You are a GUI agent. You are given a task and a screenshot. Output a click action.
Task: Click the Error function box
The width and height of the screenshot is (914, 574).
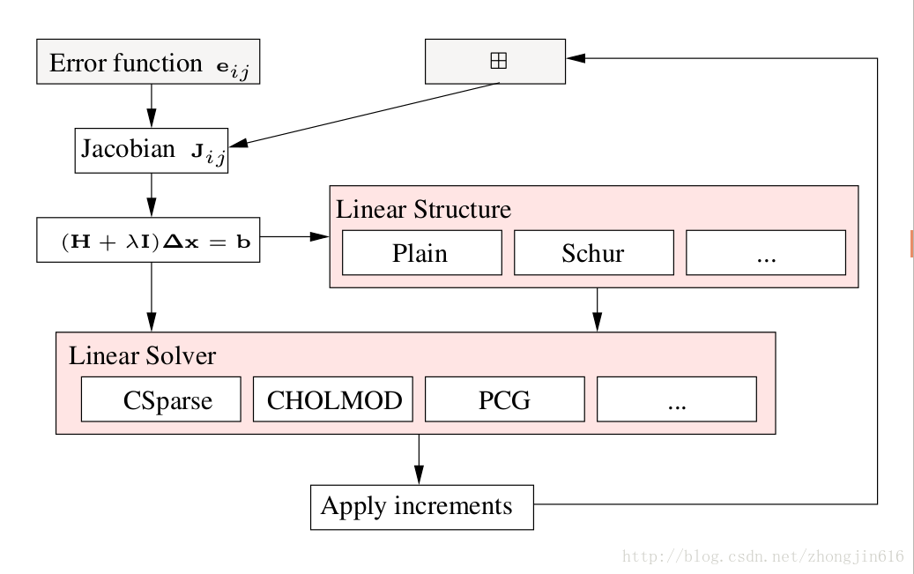click(x=148, y=62)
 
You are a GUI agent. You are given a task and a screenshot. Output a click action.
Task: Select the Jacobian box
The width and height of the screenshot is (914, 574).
click(x=152, y=151)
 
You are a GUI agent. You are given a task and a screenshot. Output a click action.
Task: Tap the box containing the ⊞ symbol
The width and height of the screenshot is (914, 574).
click(x=495, y=62)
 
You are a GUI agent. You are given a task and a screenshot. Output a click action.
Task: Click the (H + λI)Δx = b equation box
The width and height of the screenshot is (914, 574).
click(x=148, y=241)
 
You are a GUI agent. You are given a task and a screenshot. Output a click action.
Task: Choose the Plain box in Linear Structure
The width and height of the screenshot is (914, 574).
click(x=421, y=253)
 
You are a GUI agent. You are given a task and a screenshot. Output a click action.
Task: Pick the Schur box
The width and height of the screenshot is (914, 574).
click(x=593, y=253)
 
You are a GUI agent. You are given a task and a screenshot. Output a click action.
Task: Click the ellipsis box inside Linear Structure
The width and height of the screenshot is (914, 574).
click(x=765, y=253)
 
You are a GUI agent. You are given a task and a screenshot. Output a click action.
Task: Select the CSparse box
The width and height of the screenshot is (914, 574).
click(x=160, y=399)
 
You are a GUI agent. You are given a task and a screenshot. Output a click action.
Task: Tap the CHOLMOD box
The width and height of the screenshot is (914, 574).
click(x=333, y=399)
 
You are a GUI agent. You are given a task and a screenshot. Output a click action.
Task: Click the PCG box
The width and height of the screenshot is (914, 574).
click(x=504, y=399)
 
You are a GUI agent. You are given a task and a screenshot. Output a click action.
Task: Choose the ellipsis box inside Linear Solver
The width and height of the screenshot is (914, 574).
click(x=677, y=399)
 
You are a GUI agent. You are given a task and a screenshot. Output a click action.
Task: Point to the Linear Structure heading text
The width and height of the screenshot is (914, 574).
click(x=423, y=210)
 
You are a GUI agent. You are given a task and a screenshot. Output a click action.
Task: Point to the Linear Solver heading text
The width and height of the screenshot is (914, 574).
click(x=142, y=356)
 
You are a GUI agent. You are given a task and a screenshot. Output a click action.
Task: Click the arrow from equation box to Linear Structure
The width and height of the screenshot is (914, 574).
click(x=294, y=236)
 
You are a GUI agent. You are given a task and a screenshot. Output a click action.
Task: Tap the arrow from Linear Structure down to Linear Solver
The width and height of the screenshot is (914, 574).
click(x=598, y=309)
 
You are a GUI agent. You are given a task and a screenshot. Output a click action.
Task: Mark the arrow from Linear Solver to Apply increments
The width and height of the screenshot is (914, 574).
click(x=419, y=458)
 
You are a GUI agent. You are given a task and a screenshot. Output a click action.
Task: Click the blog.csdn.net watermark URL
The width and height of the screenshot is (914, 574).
click(x=762, y=557)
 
